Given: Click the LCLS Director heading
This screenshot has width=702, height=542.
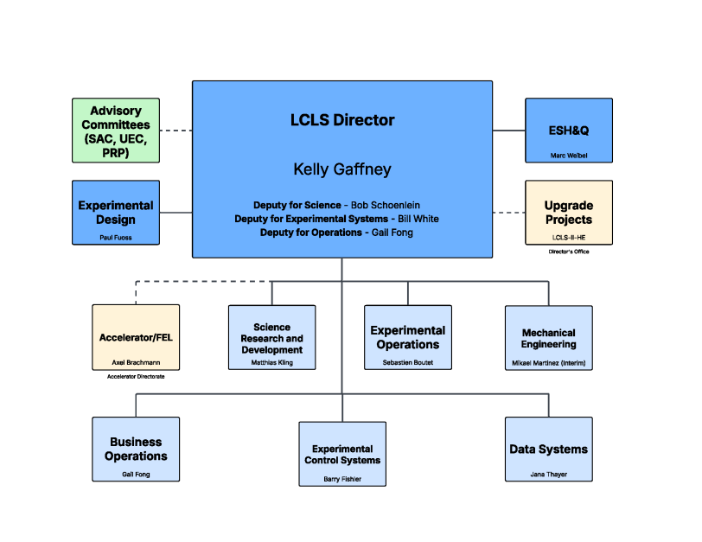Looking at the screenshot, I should coord(342,120).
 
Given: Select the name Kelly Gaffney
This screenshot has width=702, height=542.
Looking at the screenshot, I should coord(342,169).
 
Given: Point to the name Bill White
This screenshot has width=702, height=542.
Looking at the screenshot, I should coord(417,219).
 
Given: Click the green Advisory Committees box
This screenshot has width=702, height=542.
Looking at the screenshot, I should coord(116,131).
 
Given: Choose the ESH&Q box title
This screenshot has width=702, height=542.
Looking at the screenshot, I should coord(568,131).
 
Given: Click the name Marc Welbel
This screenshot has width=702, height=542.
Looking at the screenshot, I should coord(568,156).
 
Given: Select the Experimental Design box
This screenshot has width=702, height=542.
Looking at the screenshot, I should coord(116,213).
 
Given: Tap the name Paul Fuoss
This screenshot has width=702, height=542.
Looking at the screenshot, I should coord(116,237).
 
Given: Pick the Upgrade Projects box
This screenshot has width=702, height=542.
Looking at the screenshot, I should coord(568,212).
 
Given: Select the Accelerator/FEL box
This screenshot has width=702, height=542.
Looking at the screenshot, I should coord(136,336).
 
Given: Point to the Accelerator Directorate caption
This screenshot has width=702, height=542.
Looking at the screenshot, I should coord(136,376).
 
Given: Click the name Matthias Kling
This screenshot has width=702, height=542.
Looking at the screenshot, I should coord(271,362).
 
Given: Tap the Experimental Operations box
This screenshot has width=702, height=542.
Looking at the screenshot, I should coord(407,337).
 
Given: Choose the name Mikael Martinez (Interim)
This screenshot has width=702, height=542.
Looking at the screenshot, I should coord(548,363).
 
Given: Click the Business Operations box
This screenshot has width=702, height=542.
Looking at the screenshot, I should coord(136,449).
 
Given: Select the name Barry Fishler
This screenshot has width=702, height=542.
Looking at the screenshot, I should coord(341,478).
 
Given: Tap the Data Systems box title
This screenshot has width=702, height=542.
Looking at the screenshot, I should coord(548,450).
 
